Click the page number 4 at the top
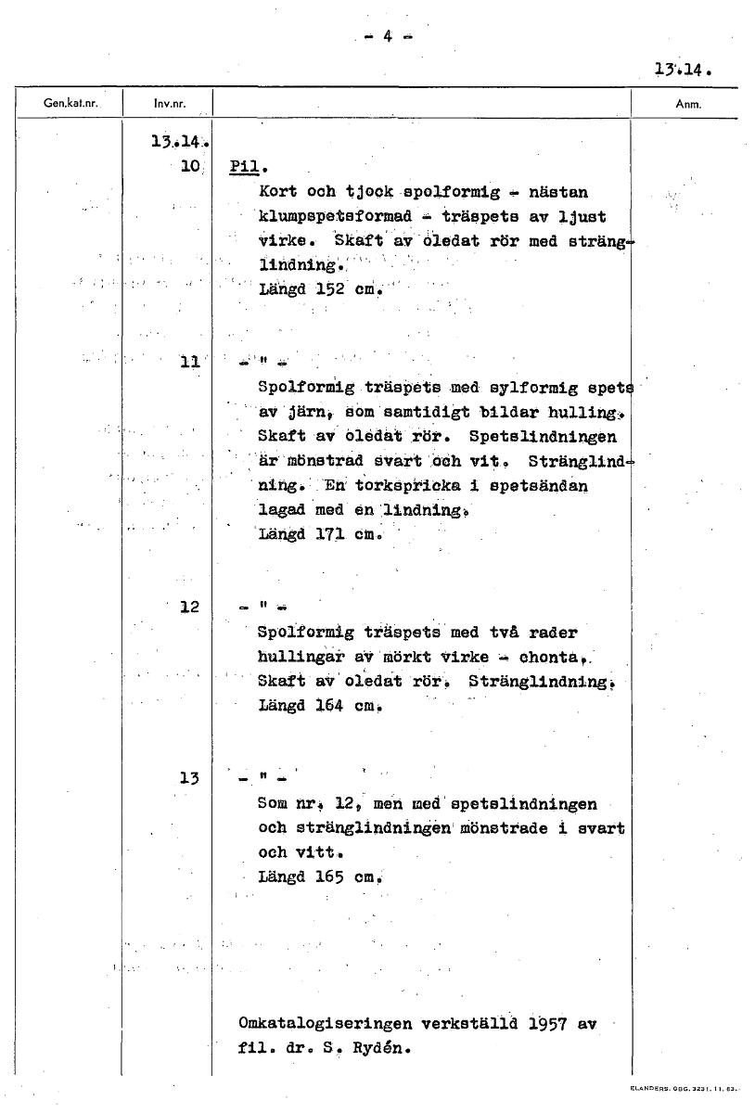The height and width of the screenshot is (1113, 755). point(387,37)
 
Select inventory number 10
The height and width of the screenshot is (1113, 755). point(191,167)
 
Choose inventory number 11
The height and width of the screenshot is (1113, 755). point(190,363)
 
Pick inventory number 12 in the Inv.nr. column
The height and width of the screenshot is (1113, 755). point(190,608)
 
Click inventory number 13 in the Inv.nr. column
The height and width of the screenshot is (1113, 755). point(190,778)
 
